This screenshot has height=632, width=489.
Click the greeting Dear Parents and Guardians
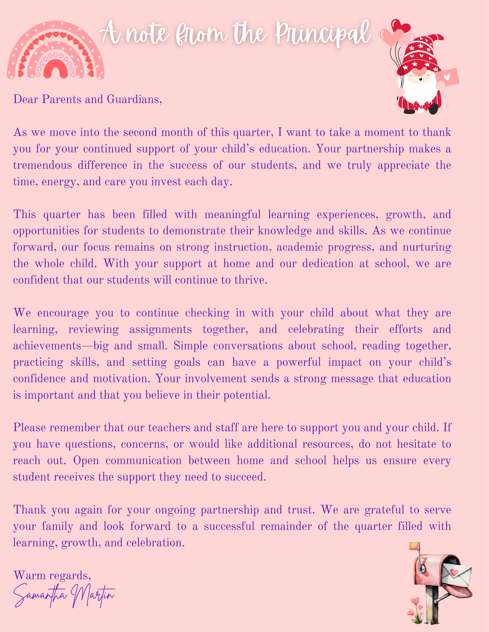click(x=87, y=99)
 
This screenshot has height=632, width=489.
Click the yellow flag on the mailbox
click(x=414, y=546)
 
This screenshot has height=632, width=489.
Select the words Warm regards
click(x=52, y=575)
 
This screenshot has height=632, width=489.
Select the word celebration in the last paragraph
click(x=155, y=543)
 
